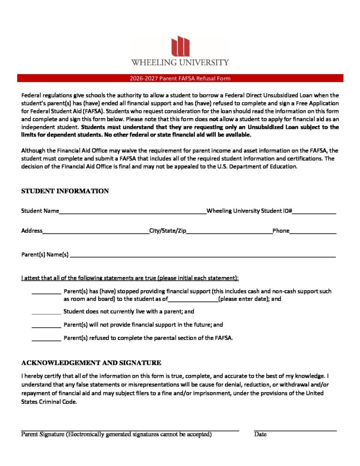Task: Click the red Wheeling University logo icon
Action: [180, 46]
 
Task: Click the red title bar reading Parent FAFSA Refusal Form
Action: [180, 78]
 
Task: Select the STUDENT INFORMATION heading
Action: [65, 191]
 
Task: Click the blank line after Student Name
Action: [132, 212]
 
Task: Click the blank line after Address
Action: [96, 232]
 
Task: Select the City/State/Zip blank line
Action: [229, 232]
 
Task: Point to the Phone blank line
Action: [313, 232]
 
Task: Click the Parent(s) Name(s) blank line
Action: [202, 256]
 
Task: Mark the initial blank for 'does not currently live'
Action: [46, 313]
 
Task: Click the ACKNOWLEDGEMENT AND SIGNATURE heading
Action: [91, 363]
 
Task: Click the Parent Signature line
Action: [130, 429]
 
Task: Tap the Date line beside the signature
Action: [295, 429]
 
